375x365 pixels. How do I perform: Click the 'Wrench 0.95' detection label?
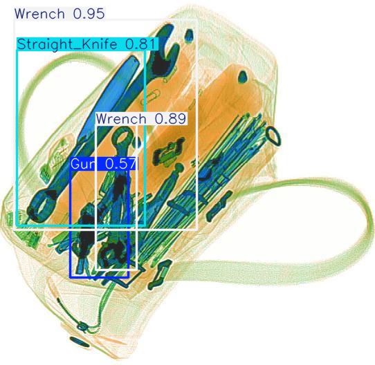pos(60,14)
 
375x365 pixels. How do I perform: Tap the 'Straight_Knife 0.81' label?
pos(87,44)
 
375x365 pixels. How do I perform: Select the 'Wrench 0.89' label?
pos(141,118)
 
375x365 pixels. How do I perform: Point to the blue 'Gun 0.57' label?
pos(104,164)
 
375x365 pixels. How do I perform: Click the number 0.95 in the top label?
pos(89,14)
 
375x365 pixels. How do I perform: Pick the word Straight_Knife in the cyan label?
pos(67,44)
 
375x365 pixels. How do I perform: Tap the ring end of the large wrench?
pos(42,205)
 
